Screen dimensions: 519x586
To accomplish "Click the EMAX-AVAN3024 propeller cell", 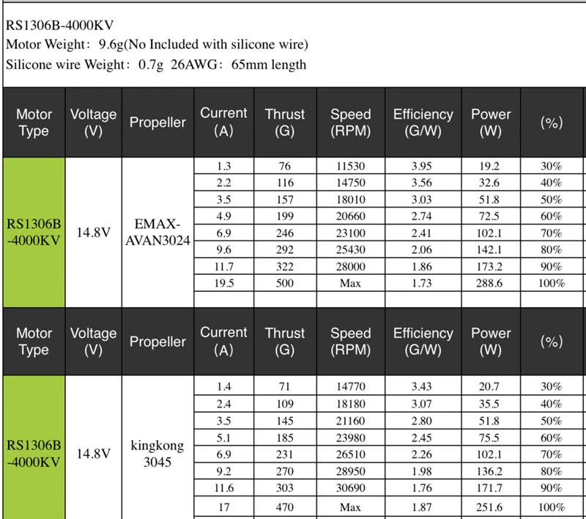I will click(x=158, y=232).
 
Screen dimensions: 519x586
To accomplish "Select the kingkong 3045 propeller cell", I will click(x=157, y=454).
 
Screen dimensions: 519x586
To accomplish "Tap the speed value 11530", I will click(x=349, y=166).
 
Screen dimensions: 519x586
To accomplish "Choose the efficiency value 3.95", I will click(x=423, y=166).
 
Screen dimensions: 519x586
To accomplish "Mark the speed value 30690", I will click(x=349, y=487).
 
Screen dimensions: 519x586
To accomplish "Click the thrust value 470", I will click(x=285, y=507).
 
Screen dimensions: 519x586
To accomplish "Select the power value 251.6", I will click(x=490, y=507).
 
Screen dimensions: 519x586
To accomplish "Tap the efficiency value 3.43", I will click(x=423, y=386).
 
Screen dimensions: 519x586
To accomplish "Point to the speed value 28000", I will click(x=349, y=267).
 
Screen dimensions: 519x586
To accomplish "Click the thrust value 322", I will click(x=285, y=267).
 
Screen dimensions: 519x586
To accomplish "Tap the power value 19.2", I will click(x=490, y=166).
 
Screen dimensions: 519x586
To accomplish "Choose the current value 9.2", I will click(x=223, y=471).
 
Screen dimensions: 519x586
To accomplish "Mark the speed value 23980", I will click(x=349, y=437).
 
